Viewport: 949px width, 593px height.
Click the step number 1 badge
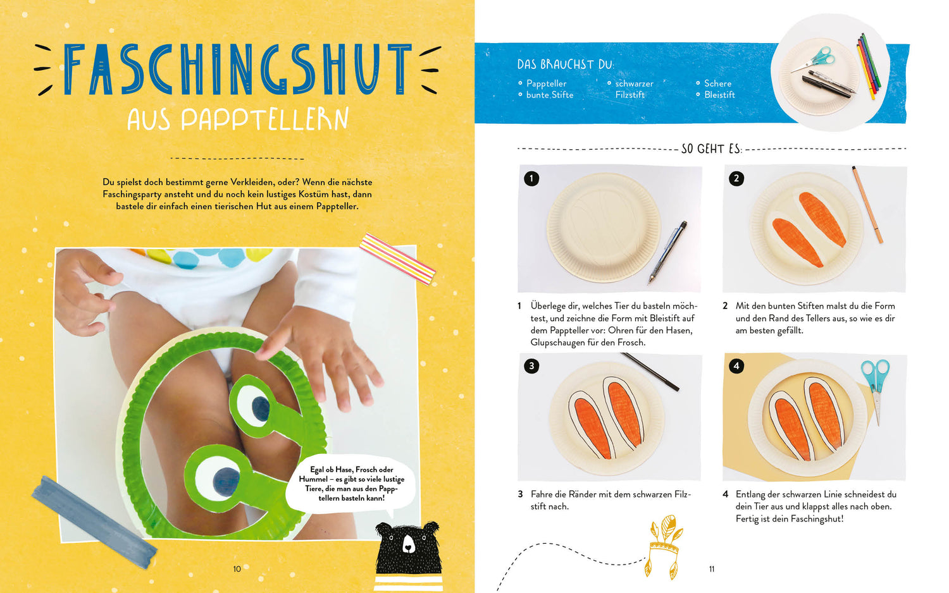coord(531,178)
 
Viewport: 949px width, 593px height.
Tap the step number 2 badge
coord(736,178)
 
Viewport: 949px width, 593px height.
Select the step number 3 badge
coord(531,365)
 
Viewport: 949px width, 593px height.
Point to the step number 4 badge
coord(736,365)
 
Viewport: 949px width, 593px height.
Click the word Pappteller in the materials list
coord(546,84)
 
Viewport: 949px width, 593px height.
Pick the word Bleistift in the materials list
coord(719,95)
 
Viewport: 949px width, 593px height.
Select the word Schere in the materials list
coord(717,83)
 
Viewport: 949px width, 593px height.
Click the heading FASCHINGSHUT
coord(238,70)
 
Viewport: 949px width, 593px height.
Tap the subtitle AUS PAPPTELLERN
coord(238,119)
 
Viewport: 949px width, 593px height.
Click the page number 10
coord(237,569)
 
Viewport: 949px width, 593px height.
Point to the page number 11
coord(712,569)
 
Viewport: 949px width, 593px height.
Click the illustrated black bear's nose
coord(407,547)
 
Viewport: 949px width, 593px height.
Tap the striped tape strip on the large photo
coord(397,259)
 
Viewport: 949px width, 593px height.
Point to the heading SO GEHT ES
coord(712,149)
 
